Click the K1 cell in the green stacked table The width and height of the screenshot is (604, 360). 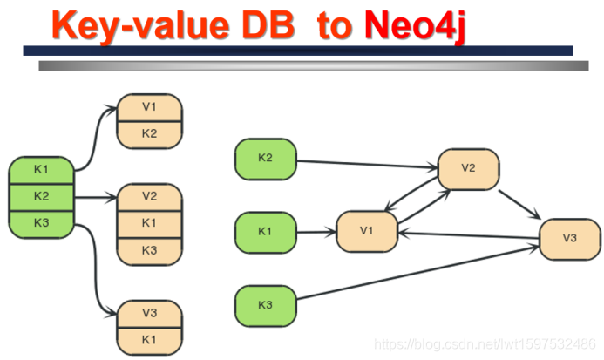tap(41, 169)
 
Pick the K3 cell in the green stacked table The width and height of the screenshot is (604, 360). tap(41, 222)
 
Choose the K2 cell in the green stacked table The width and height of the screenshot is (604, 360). tap(41, 196)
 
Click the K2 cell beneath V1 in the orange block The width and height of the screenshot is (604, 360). tap(149, 133)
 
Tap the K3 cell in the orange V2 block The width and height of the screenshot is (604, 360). tap(149, 250)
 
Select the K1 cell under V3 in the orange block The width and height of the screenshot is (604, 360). tap(149, 339)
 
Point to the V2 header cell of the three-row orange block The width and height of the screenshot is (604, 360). tap(149, 196)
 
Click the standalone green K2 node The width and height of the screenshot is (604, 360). tap(266, 159)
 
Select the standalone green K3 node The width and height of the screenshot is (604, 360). tap(266, 305)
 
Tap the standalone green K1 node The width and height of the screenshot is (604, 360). tap(266, 232)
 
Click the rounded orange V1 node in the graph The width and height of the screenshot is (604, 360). tap(367, 232)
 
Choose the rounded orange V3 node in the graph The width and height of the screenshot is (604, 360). tap(570, 238)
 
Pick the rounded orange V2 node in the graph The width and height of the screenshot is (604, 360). tap(468, 168)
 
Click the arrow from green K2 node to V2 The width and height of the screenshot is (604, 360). tap(366, 163)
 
